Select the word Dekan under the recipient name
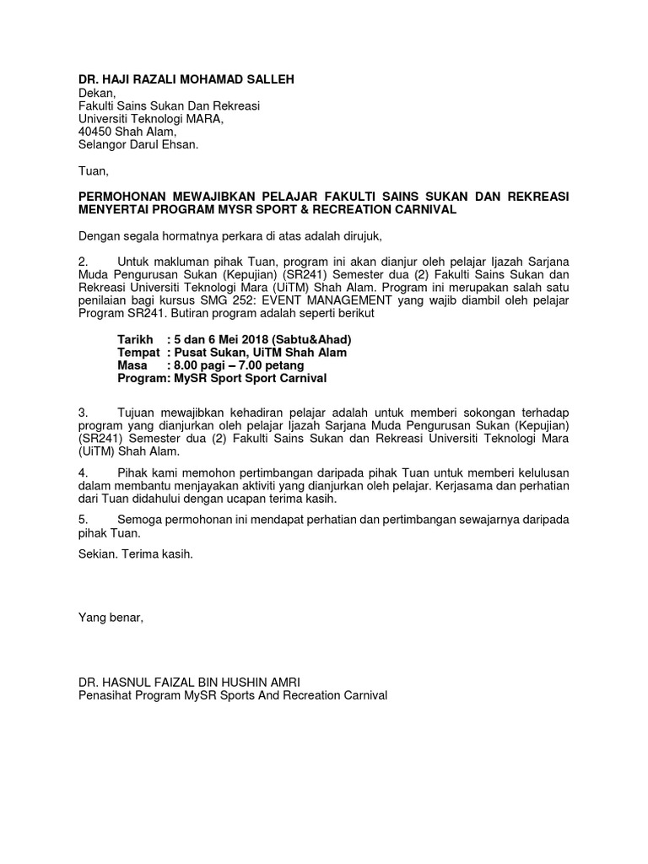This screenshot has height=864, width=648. pos(95,92)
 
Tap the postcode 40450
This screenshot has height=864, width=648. pos(95,132)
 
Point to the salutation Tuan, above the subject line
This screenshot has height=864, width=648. pos(94,171)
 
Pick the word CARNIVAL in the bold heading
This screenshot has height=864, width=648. pos(428,209)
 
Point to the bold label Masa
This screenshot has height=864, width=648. pos(132,365)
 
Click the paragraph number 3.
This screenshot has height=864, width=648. pos(83,413)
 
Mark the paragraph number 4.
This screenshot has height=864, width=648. pos(83,472)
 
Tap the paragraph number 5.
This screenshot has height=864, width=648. pos(83,520)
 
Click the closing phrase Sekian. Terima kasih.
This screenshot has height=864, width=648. pos(136,554)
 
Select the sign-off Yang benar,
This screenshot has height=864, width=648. pos(111,618)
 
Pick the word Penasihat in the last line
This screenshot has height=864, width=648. pos(106,695)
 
